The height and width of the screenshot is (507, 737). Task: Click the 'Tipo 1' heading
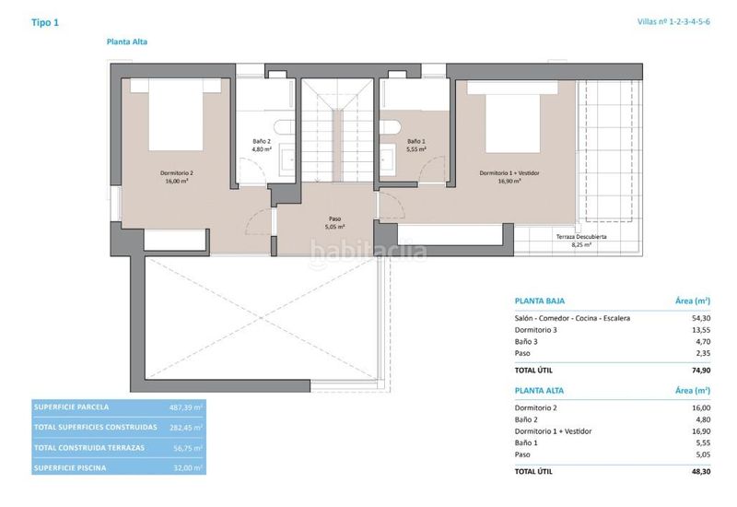(x=45, y=22)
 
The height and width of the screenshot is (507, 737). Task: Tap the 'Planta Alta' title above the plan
(x=127, y=41)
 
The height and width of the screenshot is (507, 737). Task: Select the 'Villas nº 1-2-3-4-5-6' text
(x=673, y=21)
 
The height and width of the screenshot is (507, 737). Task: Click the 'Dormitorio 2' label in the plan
(x=177, y=173)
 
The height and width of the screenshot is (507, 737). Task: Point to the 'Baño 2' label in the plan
(x=262, y=141)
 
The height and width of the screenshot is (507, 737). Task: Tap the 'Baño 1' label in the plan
(x=416, y=141)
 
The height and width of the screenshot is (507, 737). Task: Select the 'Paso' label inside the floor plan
(x=334, y=218)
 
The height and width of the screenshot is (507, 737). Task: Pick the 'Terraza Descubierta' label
(x=581, y=237)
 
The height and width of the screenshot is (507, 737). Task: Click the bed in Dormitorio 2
(x=176, y=114)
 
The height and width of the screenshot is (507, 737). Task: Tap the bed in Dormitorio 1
(x=512, y=117)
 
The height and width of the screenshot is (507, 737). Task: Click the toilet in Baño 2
(x=285, y=127)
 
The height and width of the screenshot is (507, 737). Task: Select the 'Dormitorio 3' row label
(x=536, y=330)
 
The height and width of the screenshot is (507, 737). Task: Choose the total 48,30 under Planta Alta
(x=701, y=471)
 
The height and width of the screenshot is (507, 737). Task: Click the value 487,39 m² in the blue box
(x=186, y=407)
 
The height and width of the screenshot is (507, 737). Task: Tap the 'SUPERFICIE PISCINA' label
(x=70, y=468)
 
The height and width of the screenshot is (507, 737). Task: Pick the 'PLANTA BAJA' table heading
(x=540, y=301)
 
